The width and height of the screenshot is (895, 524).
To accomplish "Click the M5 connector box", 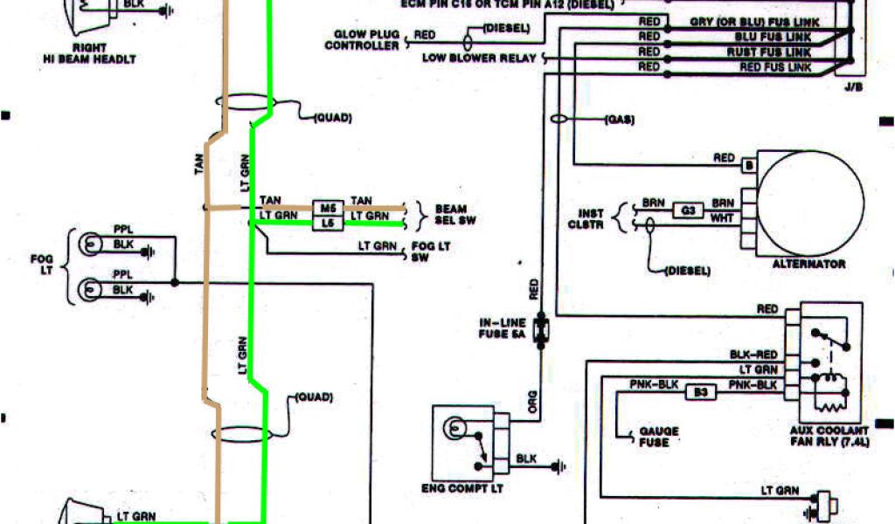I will coord(327,209).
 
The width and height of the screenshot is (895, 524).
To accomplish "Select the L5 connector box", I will coord(327,224).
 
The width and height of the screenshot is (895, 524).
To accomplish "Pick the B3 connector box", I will coord(701,393).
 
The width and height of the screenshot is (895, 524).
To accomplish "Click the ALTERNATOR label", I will coord(809,263).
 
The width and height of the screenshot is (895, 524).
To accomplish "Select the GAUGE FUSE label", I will coord(659,437).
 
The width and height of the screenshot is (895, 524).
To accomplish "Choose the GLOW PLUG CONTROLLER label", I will coord(362,40).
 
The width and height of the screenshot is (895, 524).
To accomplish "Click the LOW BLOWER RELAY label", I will coord(480,59).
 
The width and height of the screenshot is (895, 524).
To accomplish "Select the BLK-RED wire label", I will coord(754,355).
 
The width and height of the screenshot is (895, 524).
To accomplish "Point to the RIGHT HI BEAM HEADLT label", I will coord(90,53).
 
